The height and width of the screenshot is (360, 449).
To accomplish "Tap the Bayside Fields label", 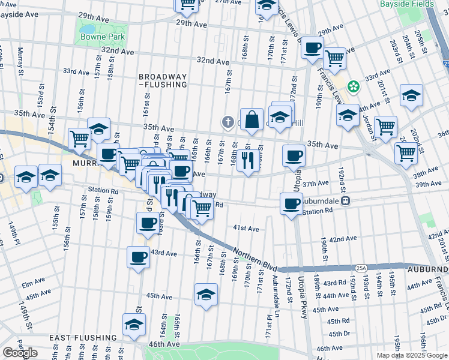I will pyautogui.click(x=405, y=4).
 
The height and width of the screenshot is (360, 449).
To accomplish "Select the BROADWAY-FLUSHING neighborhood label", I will pyautogui.click(x=163, y=81).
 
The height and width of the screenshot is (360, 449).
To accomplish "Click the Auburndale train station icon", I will pyautogui.click(x=346, y=202).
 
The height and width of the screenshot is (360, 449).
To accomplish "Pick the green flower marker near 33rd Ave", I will pyautogui.click(x=354, y=87).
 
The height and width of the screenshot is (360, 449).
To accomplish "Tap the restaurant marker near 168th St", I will pyautogui.click(x=247, y=160).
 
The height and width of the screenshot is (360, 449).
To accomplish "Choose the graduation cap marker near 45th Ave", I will pyautogui.click(x=206, y=295).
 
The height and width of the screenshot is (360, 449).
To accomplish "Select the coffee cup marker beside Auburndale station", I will pyautogui.click(x=291, y=203).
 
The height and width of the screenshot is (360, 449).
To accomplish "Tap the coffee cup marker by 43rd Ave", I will pyautogui.click(x=137, y=257).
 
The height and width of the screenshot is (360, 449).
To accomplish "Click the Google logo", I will pyautogui.click(x=20, y=353).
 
